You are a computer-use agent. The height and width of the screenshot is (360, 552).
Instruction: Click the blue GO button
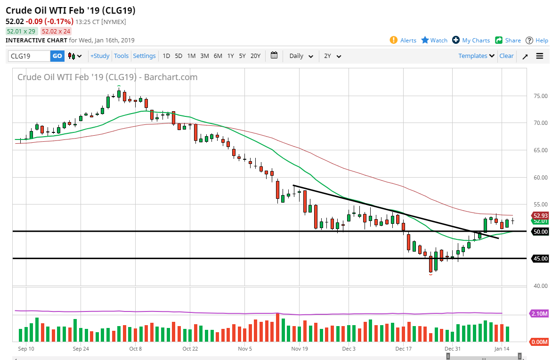point(57,56)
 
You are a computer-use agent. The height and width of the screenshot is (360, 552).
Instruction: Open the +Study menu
point(100,56)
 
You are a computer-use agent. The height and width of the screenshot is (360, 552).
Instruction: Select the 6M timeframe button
point(218,56)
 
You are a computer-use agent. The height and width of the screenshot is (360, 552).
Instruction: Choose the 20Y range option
point(255,56)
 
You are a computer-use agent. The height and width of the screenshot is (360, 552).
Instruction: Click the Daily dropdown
point(301,56)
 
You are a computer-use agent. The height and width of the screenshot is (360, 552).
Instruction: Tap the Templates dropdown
point(476,56)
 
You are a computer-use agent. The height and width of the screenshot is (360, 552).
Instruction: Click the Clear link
point(506,56)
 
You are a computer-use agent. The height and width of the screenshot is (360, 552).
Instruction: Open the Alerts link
point(403,41)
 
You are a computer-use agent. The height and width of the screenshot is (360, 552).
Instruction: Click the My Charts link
point(471,41)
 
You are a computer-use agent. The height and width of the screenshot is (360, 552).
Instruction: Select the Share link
point(508,41)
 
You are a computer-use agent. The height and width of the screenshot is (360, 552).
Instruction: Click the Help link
point(537,41)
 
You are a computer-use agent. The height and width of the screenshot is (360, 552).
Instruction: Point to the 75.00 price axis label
point(540,96)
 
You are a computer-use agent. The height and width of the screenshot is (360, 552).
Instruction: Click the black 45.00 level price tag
point(540,259)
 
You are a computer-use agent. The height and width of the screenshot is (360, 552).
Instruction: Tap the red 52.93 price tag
point(540,215)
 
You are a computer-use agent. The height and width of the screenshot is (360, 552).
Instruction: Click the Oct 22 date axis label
point(190,349)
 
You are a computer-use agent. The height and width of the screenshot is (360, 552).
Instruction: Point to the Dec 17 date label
point(404,349)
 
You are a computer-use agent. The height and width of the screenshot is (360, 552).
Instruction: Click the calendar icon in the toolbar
point(275,56)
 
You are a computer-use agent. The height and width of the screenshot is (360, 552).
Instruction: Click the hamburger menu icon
point(540,56)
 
